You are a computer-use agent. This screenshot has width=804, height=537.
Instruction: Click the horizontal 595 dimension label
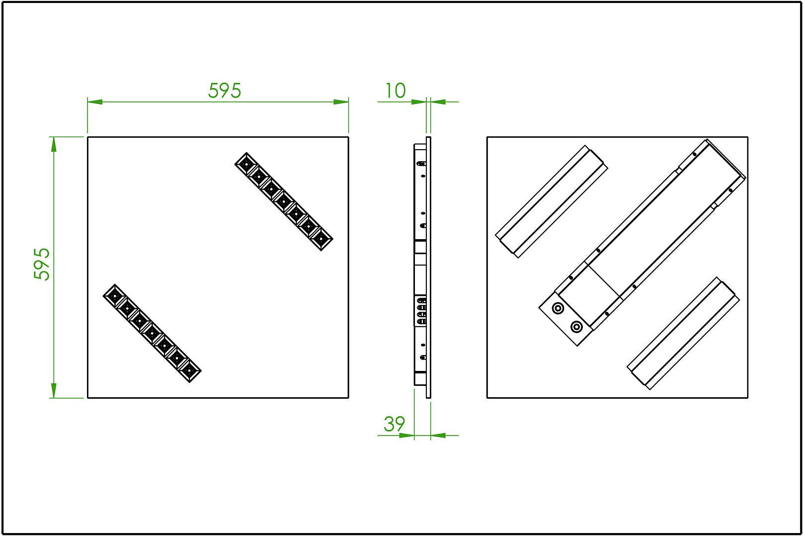tap(225, 90)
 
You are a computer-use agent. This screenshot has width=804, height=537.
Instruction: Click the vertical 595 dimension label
tap(42, 264)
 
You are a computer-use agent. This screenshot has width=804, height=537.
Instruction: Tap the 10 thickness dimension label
tap(395, 90)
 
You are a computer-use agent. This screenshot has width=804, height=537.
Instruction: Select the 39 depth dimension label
tap(395, 424)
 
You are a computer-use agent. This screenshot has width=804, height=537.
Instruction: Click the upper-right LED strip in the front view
tap(284, 201)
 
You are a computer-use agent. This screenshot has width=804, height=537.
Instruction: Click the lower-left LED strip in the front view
tap(152, 333)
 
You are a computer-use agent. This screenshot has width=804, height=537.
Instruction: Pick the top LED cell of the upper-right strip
tap(246, 164)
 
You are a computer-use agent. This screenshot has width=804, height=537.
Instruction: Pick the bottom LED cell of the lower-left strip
tap(189, 371)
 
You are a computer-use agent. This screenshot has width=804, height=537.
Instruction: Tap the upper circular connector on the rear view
tap(558, 308)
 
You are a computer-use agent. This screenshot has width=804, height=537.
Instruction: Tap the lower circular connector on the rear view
tap(576, 327)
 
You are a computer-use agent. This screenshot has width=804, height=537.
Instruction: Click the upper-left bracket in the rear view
tap(551, 201)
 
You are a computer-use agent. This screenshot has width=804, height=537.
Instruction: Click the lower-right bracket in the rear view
tap(683, 333)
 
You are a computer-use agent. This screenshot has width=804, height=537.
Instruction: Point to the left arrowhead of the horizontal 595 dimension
tap(95, 102)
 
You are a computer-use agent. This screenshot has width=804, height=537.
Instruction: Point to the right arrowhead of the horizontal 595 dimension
tap(341, 102)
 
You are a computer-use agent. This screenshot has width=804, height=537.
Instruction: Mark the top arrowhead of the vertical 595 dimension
tap(54, 144)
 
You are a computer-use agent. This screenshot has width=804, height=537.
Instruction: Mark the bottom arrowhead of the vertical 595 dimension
tap(54, 391)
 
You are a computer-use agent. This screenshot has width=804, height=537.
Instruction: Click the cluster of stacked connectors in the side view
tap(421, 311)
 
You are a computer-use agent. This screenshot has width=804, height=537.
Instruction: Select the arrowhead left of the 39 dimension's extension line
tap(406, 436)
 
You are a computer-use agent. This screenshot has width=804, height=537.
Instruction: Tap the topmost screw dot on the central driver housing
tap(695, 155)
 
